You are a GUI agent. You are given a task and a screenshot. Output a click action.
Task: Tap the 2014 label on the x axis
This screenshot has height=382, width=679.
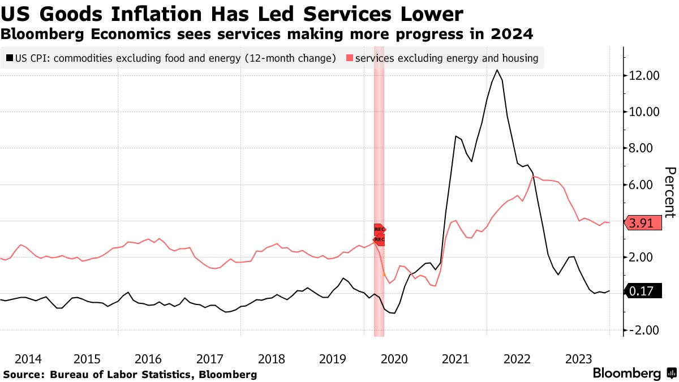[x=28, y=359]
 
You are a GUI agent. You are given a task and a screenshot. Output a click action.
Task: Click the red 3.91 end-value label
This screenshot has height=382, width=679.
[x=643, y=224]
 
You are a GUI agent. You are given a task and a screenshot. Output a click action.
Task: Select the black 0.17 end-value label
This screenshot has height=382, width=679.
[x=643, y=292]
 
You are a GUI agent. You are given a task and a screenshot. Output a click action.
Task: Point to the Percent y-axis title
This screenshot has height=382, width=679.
[x=670, y=192]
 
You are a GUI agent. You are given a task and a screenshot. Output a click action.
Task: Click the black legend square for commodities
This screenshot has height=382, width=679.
[x=9, y=58]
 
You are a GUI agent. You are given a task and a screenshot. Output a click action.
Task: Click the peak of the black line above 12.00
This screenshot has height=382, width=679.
[x=497, y=70]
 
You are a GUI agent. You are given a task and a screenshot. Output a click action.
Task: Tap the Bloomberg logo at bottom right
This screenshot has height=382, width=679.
[x=627, y=374]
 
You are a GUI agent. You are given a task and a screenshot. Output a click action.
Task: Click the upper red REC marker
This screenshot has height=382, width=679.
[x=380, y=229]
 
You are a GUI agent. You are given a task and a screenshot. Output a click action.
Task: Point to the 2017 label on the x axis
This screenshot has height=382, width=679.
[x=210, y=359]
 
